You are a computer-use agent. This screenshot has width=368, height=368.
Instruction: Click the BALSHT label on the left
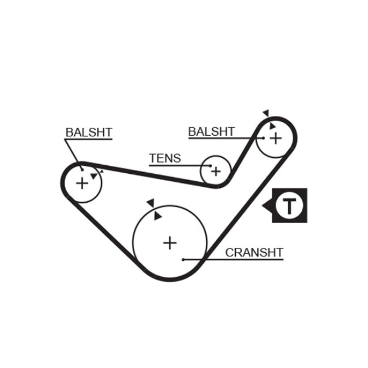point(89,132)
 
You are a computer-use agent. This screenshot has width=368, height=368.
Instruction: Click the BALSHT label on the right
point(211,131)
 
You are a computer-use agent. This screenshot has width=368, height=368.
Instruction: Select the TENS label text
point(165,158)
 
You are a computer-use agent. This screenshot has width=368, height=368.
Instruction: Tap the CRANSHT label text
point(254,253)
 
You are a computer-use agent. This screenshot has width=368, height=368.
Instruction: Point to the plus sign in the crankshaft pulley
point(170,243)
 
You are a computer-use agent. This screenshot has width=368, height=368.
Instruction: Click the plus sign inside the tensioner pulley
point(216,170)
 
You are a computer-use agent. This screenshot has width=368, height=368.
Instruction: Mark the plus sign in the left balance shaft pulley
point(83,183)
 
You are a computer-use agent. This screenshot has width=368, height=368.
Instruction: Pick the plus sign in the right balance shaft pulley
point(275,137)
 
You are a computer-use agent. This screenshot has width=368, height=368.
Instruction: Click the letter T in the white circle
point(289,206)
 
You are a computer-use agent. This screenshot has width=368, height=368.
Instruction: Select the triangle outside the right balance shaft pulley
point(266,113)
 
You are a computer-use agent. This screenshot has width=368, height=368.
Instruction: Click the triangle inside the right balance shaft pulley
point(272,126)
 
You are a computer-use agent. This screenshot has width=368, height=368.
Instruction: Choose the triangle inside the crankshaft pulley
point(157,216)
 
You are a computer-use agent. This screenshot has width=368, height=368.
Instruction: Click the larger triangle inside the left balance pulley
point(93,176)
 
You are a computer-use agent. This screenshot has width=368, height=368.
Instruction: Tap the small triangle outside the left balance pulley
point(101,170)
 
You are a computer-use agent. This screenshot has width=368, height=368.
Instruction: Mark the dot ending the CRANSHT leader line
point(184,259)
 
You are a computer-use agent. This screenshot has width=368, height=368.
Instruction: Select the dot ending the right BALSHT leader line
point(263,138)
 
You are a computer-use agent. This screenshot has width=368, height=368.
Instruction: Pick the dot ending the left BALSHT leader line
point(83,169)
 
